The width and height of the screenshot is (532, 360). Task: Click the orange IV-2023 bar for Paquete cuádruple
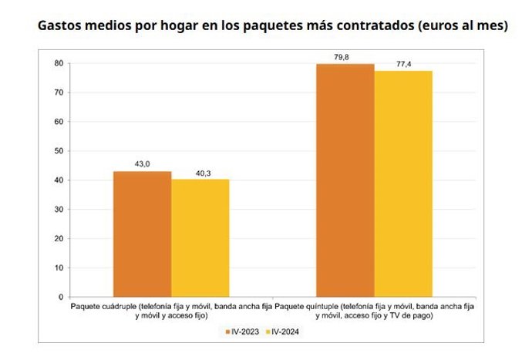tap(142, 234)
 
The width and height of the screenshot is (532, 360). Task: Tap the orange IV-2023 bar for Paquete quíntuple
tap(345, 180)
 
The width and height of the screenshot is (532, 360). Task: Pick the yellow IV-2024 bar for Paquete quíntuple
tap(403, 183)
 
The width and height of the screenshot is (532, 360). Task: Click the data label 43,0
tap(142, 163)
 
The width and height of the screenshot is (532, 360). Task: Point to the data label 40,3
tap(200, 172)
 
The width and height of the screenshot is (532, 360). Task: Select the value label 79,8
tap(345, 56)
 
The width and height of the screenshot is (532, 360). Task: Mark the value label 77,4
tap(403, 63)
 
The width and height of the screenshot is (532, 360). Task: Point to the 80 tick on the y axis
tap(59, 63)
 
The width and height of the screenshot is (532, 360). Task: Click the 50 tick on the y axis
tap(59, 151)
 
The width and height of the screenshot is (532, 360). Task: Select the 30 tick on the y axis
tap(59, 210)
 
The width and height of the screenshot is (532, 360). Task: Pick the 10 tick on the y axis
tap(59, 268)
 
